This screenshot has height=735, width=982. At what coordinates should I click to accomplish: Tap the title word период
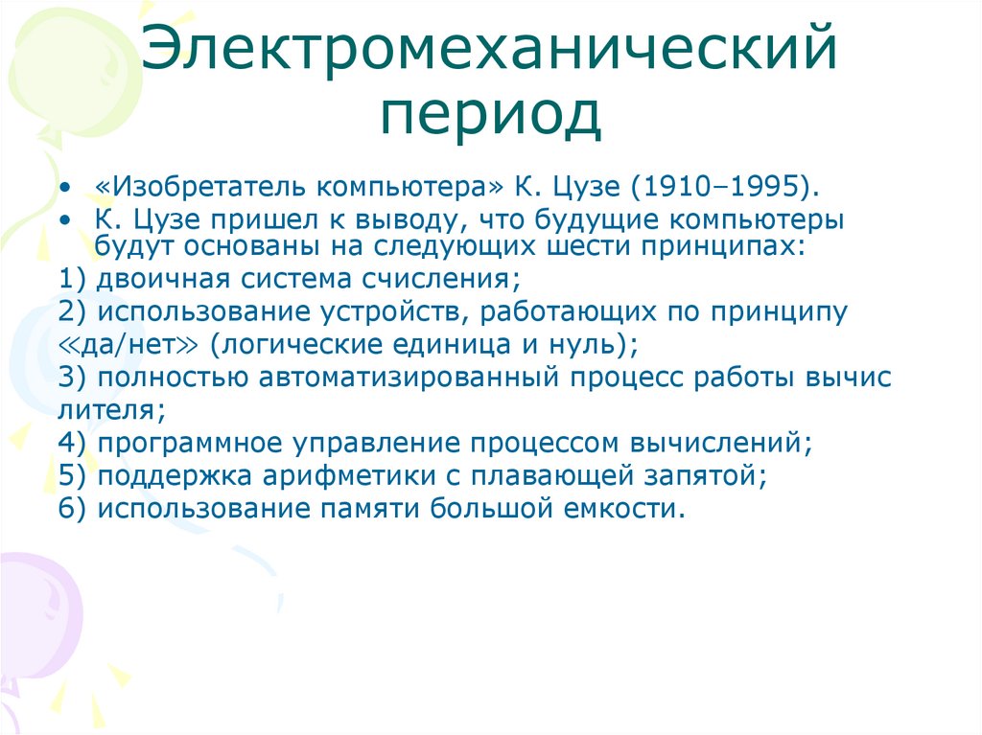point(490,115)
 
